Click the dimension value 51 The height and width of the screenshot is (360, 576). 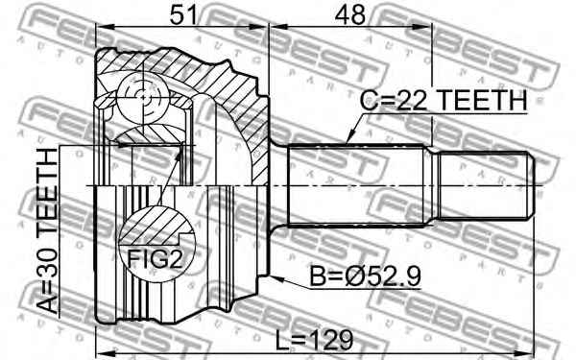[183, 15]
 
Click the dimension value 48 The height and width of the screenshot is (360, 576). [350, 15]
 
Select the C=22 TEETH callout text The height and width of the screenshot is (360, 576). [444, 100]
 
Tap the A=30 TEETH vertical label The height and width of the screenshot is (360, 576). [48, 231]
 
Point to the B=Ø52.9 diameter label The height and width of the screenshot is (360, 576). [365, 276]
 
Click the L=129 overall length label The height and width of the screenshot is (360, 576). [315, 340]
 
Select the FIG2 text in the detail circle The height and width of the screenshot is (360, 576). [155, 259]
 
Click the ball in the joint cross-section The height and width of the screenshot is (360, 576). [143, 97]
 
